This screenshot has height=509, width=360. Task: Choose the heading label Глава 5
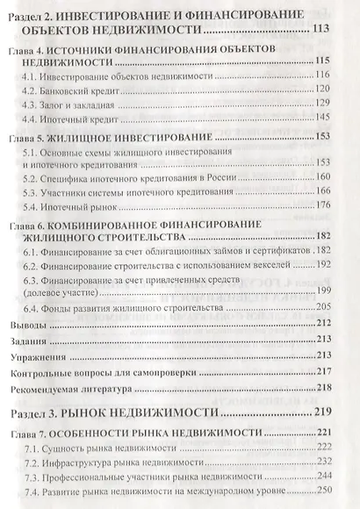38,138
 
